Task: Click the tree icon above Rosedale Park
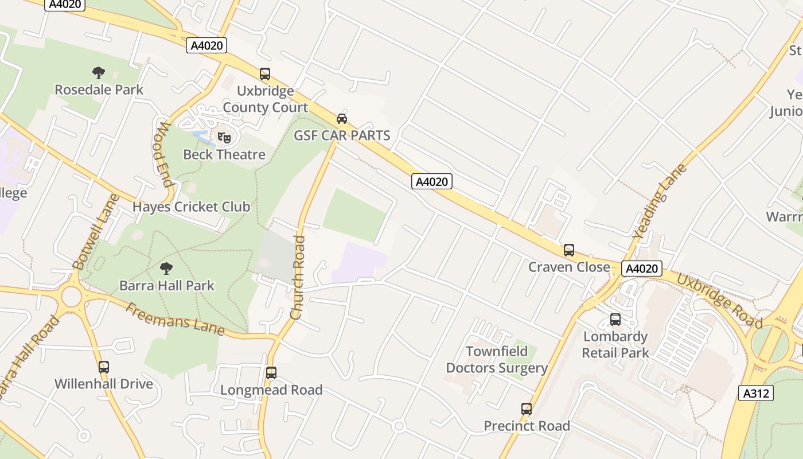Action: [x=99, y=73]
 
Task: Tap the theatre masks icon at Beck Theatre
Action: [x=224, y=138]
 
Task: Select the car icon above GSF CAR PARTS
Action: [x=342, y=119]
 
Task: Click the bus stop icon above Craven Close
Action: [x=568, y=250]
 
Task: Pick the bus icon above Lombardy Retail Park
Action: [x=615, y=320]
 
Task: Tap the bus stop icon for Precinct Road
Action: [x=527, y=409]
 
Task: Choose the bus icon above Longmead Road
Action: [x=271, y=373]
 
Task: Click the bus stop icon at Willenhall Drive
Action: [x=103, y=367]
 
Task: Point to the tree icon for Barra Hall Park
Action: [x=166, y=268]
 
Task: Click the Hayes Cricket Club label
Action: [x=192, y=207]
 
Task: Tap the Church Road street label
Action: [x=298, y=278]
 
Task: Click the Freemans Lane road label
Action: [x=175, y=319]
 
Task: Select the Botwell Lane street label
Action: [x=96, y=231]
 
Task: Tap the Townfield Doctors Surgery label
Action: [x=497, y=360]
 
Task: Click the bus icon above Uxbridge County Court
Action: [x=264, y=74]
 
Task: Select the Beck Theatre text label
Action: [x=224, y=154]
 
